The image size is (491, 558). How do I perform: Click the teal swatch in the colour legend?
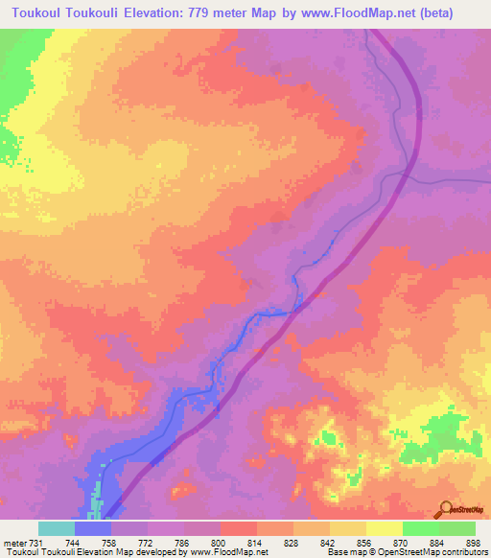click(56, 528)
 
